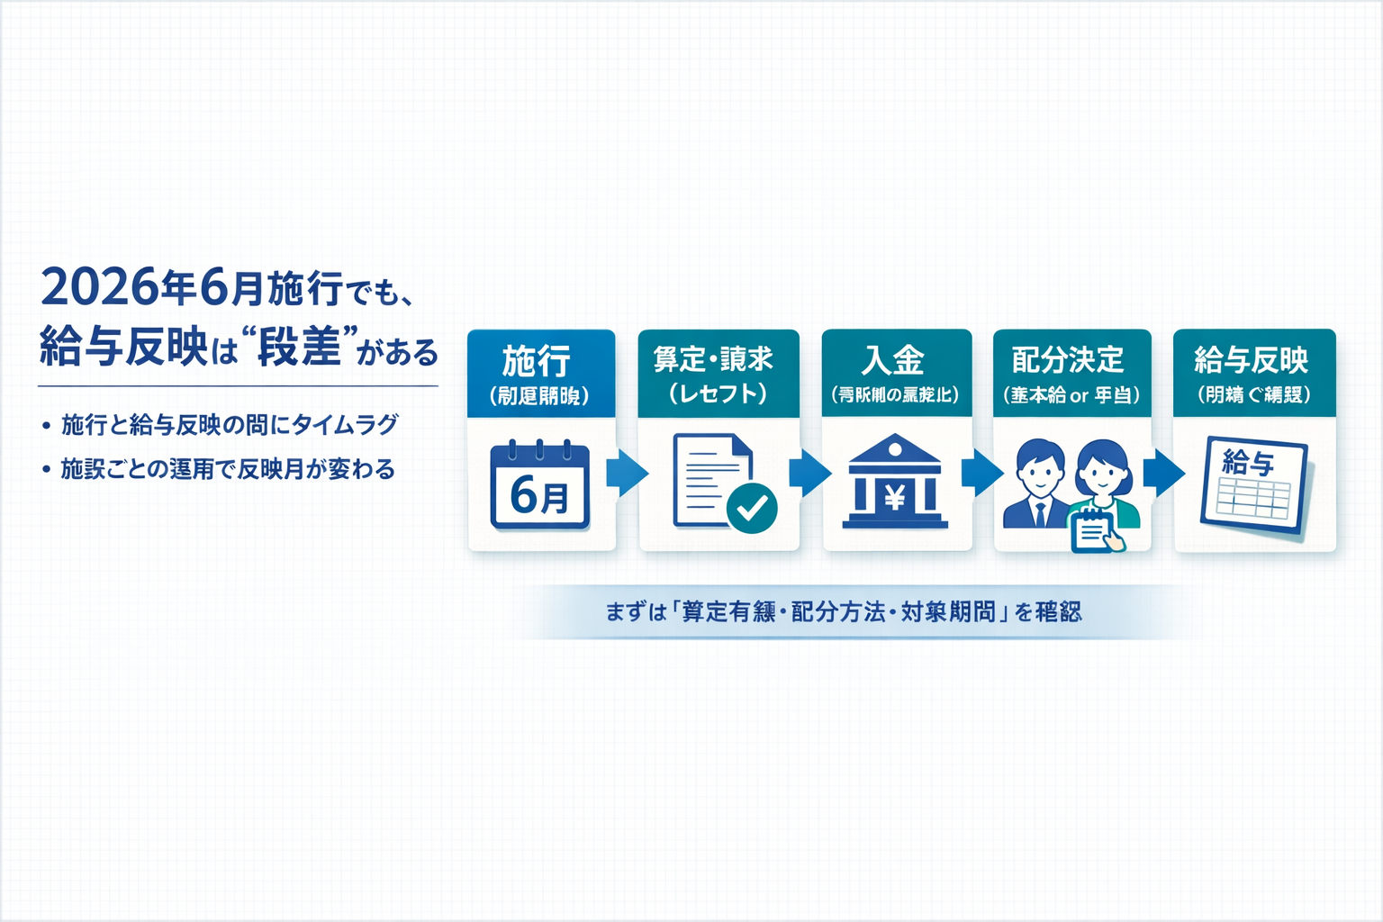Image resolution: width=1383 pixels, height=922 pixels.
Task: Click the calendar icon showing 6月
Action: pyautogui.click(x=540, y=485)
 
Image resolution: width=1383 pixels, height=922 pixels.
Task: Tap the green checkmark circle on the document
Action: pyautogui.click(x=752, y=509)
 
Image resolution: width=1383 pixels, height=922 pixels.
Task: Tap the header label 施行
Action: pyautogui.click(x=538, y=361)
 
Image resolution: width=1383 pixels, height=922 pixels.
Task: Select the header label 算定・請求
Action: pyautogui.click(x=714, y=359)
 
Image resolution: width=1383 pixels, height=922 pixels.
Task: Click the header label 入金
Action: pyautogui.click(x=893, y=360)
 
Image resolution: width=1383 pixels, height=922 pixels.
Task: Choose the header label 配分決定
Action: pyautogui.click(x=1068, y=360)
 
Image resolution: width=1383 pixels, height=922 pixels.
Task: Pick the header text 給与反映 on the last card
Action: pyautogui.click(x=1252, y=360)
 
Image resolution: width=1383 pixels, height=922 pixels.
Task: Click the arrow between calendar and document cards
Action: pyautogui.click(x=627, y=473)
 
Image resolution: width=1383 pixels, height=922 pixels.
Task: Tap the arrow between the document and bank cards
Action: pyautogui.click(x=809, y=473)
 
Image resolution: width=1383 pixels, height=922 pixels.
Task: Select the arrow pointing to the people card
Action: pyautogui.click(x=981, y=473)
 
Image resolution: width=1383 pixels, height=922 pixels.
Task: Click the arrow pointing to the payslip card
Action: pyautogui.click(x=1163, y=473)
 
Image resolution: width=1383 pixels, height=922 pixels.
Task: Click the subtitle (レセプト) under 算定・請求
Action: pyautogui.click(x=718, y=393)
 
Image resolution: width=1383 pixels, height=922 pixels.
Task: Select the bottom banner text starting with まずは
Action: pyautogui.click(x=843, y=612)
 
